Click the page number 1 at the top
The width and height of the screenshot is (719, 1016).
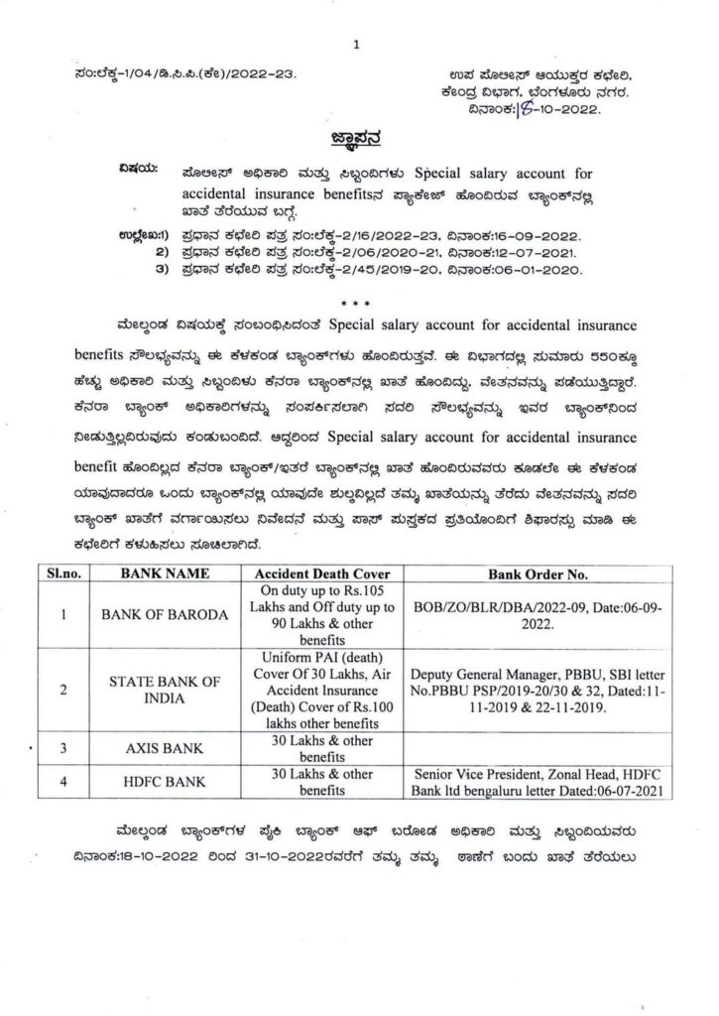point(358,43)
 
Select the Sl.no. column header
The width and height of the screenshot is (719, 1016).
point(62,573)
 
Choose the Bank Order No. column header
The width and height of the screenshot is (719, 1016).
point(537,573)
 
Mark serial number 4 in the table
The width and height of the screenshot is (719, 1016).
point(62,781)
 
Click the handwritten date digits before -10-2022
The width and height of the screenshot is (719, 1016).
point(524,107)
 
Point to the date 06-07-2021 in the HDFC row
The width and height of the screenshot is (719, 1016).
point(621,791)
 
